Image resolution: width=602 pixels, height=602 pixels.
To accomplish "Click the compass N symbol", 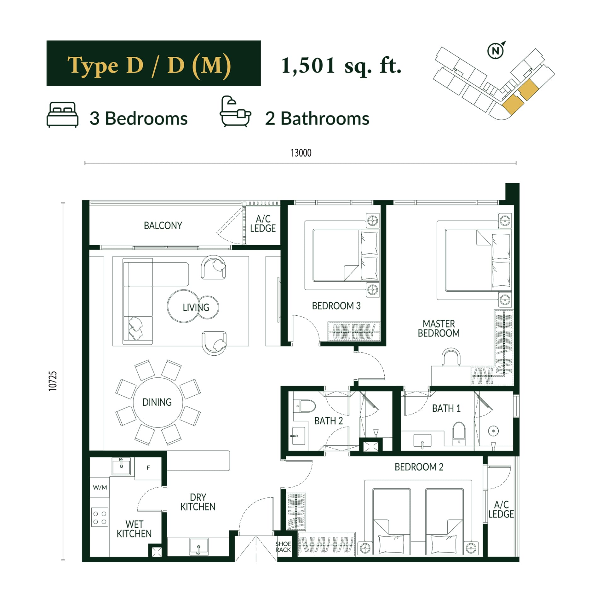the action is [496, 51].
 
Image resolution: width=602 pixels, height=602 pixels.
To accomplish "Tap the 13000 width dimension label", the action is [301, 153].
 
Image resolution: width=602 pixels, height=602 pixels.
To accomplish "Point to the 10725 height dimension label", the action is [53, 381].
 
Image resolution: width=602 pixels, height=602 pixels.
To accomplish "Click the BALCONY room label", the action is [163, 226].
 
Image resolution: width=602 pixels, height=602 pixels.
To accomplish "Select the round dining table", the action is [158, 402].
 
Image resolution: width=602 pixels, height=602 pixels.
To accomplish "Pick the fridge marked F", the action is [148, 468].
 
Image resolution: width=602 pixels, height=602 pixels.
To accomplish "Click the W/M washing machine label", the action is [100, 487].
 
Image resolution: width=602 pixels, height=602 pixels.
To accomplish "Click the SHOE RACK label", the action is [283, 547].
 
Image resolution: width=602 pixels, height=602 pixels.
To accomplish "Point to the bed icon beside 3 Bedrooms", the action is [62, 115].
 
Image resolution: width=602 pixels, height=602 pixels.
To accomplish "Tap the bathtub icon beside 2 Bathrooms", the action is [235, 112].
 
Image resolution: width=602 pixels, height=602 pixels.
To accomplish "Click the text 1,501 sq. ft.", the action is [341, 66].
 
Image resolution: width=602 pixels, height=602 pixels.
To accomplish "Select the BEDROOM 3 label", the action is [336, 306].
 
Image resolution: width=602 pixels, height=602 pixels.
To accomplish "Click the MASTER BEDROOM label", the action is [439, 328].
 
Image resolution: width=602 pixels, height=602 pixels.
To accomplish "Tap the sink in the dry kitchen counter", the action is [199, 547].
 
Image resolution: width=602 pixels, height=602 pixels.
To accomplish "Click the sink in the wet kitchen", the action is [121, 466].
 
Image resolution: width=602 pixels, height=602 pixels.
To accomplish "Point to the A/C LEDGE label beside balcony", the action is [263, 223].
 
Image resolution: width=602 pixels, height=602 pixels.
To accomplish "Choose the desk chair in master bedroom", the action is [451, 357].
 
